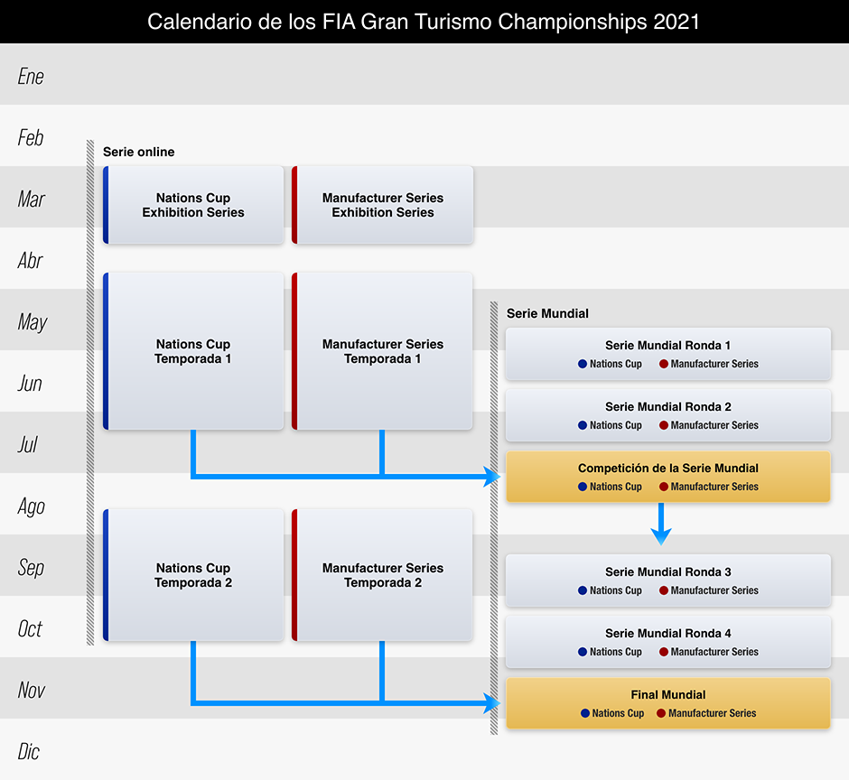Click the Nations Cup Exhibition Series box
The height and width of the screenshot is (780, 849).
(x=193, y=205)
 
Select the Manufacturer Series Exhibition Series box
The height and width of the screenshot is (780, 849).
(x=383, y=205)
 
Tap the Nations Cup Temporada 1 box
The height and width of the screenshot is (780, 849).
(x=193, y=351)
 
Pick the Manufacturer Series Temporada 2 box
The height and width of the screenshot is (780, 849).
(x=383, y=575)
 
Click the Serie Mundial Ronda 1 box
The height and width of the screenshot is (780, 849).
(x=667, y=354)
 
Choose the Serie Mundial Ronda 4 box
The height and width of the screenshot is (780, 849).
(x=667, y=642)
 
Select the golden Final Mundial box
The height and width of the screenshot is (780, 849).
(x=667, y=703)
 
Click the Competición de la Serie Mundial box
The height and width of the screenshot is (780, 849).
(x=667, y=477)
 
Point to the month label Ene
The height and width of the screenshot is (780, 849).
(x=31, y=76)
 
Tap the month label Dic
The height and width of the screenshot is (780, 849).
(x=29, y=751)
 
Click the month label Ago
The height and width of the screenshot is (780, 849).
(x=31, y=506)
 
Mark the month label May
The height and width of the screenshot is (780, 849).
(x=32, y=321)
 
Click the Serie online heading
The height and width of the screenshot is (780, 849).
(x=138, y=152)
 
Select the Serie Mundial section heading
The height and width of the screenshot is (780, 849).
(x=547, y=313)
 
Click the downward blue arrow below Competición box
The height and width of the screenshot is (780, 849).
(x=661, y=525)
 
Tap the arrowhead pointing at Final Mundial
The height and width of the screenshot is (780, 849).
(x=493, y=702)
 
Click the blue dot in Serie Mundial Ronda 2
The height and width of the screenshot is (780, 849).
(x=583, y=425)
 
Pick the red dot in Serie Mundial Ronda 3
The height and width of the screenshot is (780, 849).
(x=664, y=590)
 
